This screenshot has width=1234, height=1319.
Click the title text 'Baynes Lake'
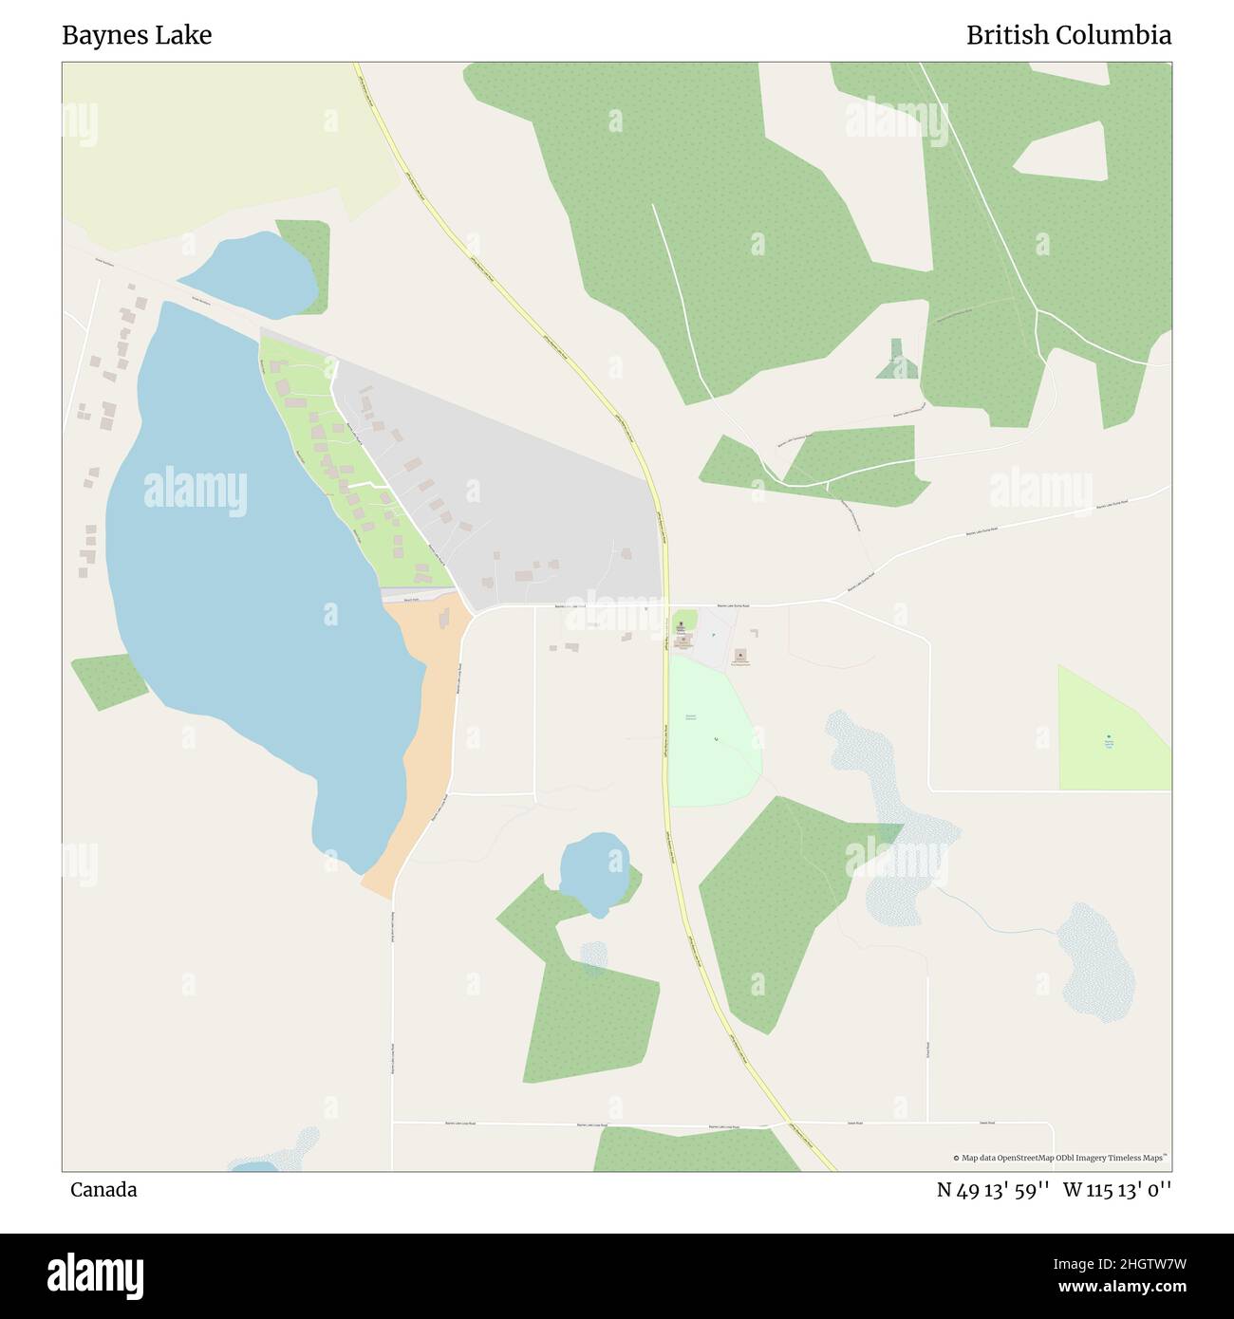tap(137, 36)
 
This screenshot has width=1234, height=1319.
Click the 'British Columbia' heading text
tap(1068, 36)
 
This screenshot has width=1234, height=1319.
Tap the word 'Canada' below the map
tap(103, 1190)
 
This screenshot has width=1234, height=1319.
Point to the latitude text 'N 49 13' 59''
tap(993, 1190)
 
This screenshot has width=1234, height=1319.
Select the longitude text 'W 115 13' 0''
tap(1117, 1190)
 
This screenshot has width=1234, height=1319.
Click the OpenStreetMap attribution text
tap(1063, 1158)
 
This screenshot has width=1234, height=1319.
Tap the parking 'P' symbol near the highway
tap(712, 634)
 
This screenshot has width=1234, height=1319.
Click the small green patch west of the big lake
tap(106, 679)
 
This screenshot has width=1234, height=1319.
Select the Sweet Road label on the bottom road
tap(854, 1123)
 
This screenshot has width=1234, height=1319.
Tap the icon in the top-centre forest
tap(757, 244)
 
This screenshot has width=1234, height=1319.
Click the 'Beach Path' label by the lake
tap(410, 600)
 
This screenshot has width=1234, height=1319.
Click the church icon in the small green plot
tap(681, 624)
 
